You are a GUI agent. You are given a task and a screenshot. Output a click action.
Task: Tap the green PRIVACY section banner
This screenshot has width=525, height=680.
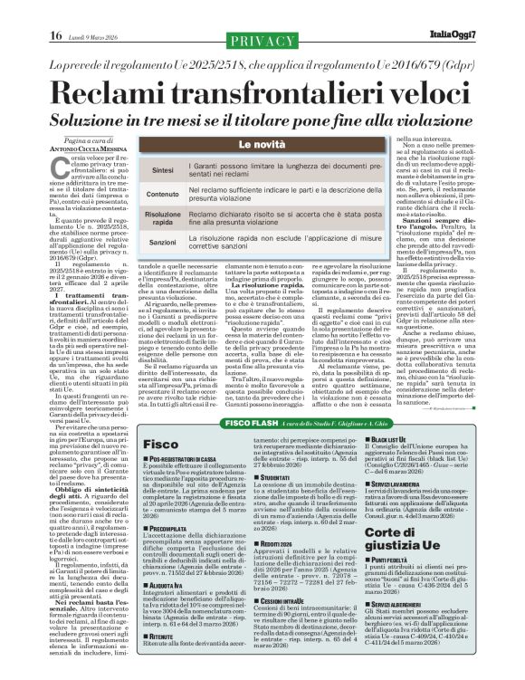click(262, 41)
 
